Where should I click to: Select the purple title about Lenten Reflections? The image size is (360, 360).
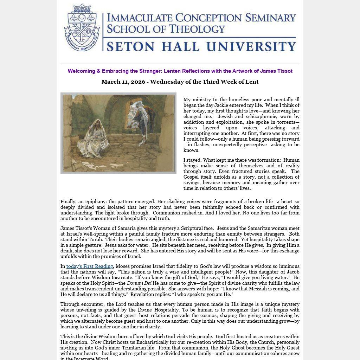point(180,71)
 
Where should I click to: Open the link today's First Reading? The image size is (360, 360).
point(90,266)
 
